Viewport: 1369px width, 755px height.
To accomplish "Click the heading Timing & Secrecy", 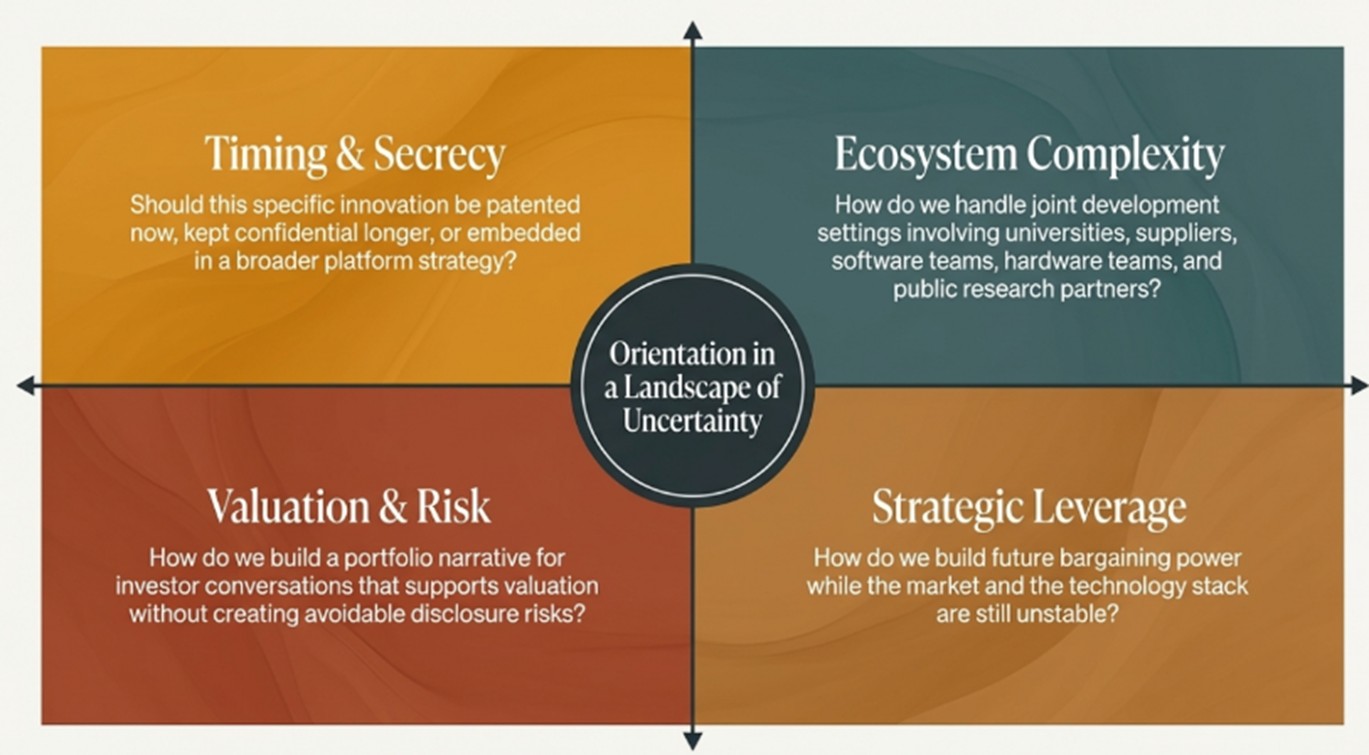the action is [x=354, y=153].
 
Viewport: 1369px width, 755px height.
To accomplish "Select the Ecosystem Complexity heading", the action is [x=1029, y=154].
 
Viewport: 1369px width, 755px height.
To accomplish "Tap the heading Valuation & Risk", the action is [x=349, y=506].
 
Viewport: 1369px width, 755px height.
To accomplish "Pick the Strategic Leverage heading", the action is [x=1029, y=507].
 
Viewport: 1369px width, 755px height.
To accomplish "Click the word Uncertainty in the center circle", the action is [x=692, y=421].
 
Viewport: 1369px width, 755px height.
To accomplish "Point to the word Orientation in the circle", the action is [x=692, y=354].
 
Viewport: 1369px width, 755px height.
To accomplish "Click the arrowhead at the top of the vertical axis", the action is [x=692, y=31].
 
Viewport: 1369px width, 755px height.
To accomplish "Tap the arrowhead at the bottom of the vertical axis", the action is [x=692, y=741].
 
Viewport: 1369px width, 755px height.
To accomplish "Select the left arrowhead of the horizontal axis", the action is [x=26, y=386].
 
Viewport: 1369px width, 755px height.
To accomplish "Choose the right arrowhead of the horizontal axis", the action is [x=1358, y=386].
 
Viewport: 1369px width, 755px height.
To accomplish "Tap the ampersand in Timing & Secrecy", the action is [x=350, y=154].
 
